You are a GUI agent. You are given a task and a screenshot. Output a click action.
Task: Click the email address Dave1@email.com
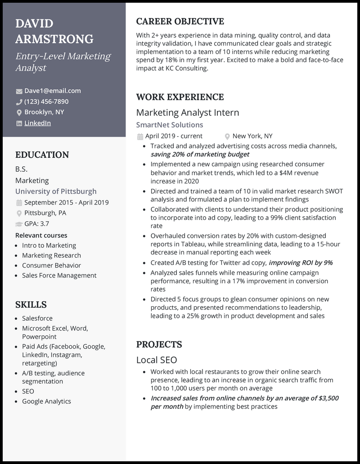(x=53, y=91)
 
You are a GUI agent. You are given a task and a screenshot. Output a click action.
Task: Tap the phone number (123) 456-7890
(x=46, y=102)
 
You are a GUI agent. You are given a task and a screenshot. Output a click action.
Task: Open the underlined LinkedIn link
(x=37, y=123)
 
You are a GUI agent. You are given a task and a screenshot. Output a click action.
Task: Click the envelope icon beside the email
(x=19, y=91)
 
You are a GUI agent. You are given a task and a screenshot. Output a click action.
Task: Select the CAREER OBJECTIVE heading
(x=180, y=22)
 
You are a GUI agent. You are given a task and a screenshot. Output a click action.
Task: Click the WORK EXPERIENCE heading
(x=180, y=97)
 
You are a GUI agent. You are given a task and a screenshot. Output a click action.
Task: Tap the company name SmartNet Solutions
(x=170, y=125)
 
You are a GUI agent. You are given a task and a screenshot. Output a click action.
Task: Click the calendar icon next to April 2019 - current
(x=140, y=136)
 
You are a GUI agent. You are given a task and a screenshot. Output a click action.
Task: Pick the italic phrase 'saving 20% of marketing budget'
(x=200, y=155)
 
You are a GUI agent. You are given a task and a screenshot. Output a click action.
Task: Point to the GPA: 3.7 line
(x=37, y=224)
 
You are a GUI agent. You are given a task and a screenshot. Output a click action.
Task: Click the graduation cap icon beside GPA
(x=19, y=224)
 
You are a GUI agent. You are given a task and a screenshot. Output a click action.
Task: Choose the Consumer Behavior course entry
(x=51, y=265)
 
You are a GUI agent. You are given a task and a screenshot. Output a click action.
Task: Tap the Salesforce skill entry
(x=37, y=318)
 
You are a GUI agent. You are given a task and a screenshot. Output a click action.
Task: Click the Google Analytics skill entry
(x=46, y=402)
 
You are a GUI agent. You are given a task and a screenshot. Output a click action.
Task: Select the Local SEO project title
(x=157, y=360)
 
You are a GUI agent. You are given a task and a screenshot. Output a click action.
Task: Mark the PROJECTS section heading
(x=159, y=345)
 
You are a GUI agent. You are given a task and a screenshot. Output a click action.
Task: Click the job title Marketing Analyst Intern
(x=188, y=112)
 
